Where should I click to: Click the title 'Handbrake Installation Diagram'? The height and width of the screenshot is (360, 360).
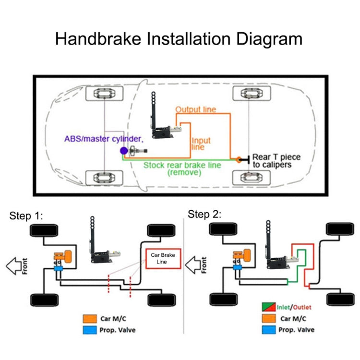[179, 38]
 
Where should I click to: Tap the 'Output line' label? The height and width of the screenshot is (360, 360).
[195, 109]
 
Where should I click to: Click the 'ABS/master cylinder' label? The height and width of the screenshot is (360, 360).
[103, 139]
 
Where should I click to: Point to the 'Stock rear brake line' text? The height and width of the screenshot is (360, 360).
[182, 165]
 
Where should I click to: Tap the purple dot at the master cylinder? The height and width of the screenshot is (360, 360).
[123, 151]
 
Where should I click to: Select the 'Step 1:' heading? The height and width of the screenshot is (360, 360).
[26, 216]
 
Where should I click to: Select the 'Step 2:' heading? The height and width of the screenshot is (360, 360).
[205, 214]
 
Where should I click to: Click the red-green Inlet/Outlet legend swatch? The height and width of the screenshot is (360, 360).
[269, 307]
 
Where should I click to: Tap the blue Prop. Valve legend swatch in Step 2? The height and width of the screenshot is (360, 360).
[269, 330]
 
